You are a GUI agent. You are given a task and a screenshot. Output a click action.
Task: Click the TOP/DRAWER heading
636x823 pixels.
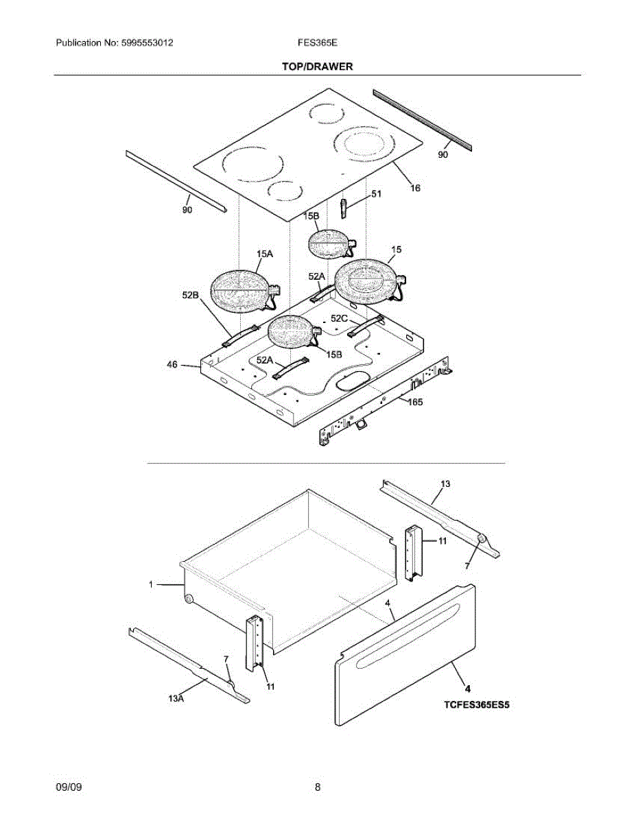click(317, 67)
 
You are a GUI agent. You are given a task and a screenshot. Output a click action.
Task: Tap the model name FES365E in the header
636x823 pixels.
click(316, 43)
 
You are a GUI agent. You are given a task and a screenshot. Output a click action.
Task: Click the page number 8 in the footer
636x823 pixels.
click(318, 788)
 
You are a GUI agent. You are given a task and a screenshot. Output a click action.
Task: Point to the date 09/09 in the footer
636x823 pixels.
click(69, 788)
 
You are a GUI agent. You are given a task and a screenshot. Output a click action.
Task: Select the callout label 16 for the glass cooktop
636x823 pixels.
click(415, 188)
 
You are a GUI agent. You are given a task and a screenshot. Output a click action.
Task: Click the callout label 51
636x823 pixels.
click(376, 194)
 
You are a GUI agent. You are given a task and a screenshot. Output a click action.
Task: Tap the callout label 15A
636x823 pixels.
click(265, 254)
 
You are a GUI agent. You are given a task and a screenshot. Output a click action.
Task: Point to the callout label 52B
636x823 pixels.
click(190, 295)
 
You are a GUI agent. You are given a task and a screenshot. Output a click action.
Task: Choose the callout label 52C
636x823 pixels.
click(340, 318)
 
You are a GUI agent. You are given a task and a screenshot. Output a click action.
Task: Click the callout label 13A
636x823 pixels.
click(176, 698)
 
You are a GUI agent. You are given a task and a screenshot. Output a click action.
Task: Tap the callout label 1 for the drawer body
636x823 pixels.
click(150, 584)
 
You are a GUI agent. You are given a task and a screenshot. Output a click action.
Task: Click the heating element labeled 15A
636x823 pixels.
click(238, 291)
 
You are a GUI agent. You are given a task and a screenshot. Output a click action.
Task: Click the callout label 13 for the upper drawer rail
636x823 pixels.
click(445, 484)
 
